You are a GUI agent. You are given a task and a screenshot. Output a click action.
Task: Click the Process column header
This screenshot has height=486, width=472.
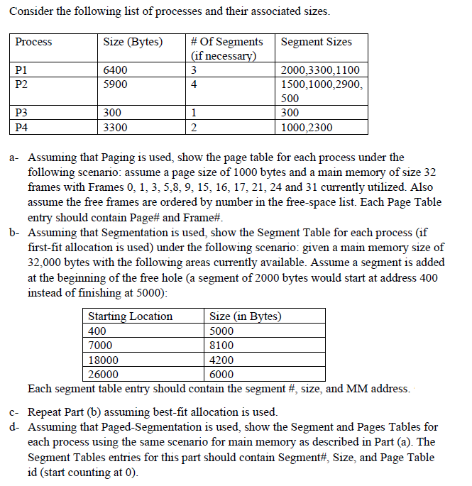coord(34,42)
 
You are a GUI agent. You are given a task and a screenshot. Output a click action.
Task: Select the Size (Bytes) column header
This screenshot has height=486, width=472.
coord(133,42)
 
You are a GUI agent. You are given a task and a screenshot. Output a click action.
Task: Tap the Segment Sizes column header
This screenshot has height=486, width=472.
coord(316,42)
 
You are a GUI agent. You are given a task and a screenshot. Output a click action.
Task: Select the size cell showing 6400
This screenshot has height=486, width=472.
coord(115,70)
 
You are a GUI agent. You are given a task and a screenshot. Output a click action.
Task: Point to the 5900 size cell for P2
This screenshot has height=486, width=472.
coord(115,84)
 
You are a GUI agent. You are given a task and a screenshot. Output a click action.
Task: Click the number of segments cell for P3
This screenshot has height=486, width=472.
coord(194,114)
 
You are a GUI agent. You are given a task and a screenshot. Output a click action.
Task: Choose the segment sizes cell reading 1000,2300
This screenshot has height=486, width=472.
coord(307,128)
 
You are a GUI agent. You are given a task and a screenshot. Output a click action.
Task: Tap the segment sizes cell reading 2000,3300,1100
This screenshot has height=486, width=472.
coord(320,70)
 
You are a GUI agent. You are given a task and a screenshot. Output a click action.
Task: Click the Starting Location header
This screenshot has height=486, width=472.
coord(130,316)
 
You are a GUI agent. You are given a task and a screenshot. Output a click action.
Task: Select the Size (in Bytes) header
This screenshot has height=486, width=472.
coord(246,316)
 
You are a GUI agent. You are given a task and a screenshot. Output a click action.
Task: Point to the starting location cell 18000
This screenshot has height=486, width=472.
coord(103,360)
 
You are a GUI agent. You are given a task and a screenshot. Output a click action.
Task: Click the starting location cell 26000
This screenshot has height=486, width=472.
coord(103,374)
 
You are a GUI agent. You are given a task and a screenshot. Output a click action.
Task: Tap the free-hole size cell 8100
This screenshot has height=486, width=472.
coord(222,346)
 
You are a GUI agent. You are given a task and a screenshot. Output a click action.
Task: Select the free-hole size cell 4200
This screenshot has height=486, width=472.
coord(222,360)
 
